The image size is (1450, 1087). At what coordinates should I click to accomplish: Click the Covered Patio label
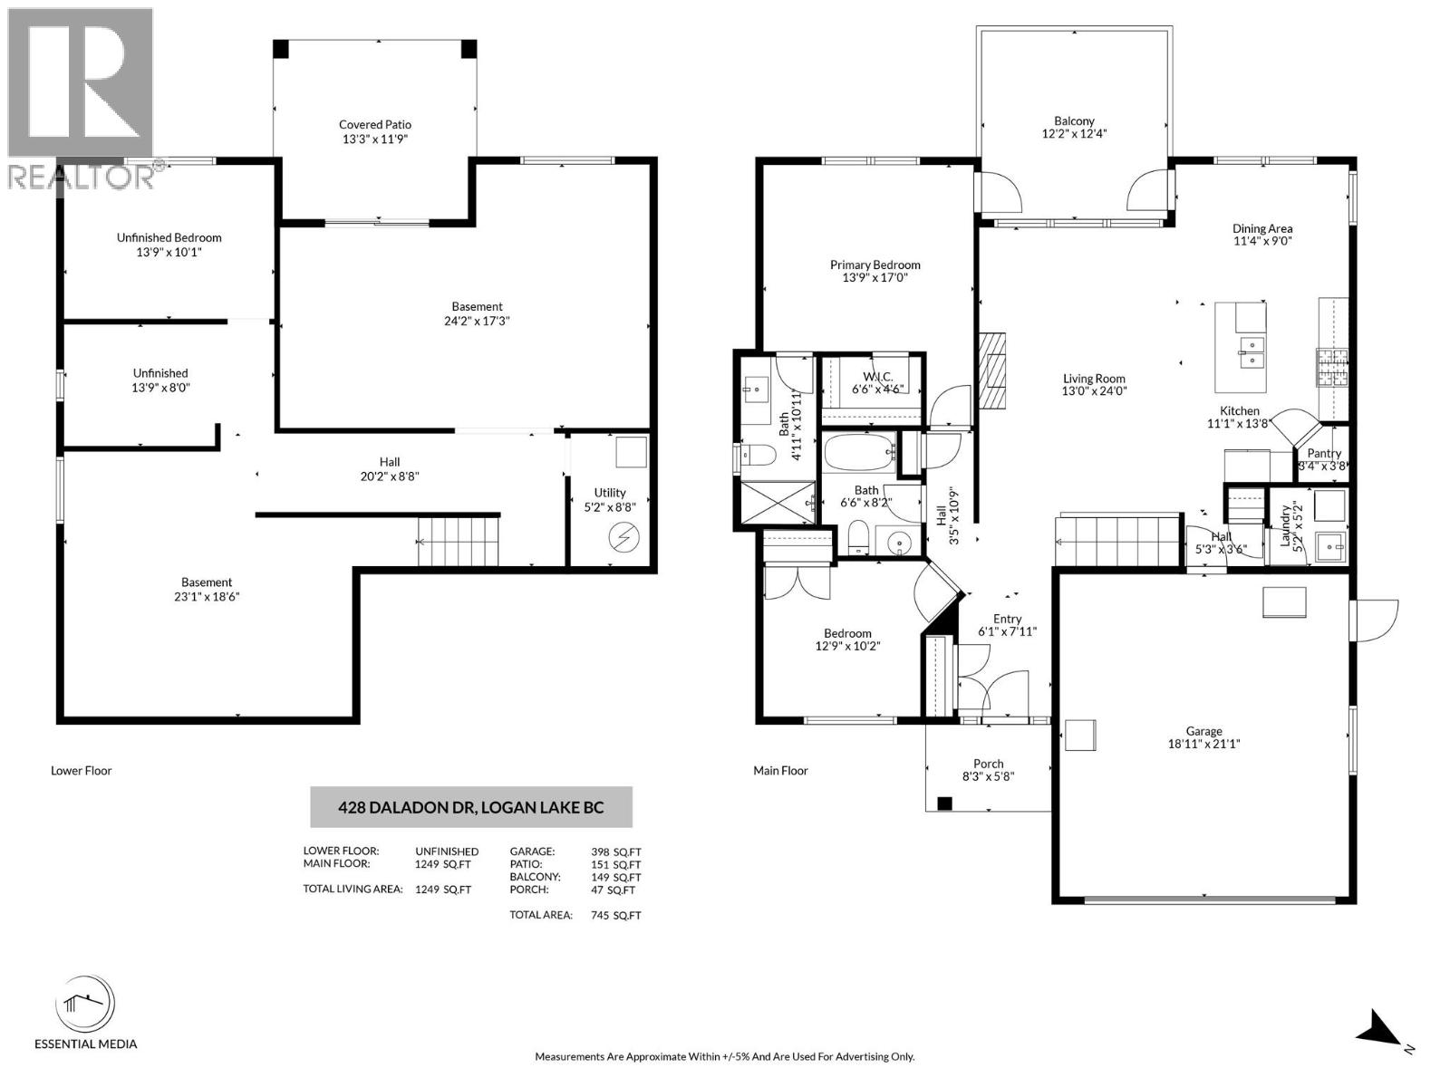point(375,125)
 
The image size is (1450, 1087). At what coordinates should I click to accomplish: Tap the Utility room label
point(610,493)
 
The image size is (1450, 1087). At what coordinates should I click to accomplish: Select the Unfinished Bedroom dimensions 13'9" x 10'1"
point(169,253)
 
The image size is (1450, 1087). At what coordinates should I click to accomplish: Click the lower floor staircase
point(459,541)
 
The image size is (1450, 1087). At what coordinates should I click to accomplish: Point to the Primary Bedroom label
point(875,265)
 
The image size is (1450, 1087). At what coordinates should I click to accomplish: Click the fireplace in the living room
point(992,372)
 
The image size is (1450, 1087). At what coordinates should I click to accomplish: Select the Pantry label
point(1324,453)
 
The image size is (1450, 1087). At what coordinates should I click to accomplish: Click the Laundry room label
point(1284,525)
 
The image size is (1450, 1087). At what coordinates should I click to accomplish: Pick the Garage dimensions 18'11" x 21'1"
point(1203,745)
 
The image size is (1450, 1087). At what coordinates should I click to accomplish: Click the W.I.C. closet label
point(877,376)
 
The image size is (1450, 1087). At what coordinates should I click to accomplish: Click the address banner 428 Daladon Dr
point(471,807)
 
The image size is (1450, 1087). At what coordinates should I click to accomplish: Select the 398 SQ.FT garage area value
point(615,851)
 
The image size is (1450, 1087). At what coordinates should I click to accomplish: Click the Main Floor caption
point(780,771)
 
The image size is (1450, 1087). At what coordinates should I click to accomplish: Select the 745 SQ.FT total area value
point(615,915)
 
